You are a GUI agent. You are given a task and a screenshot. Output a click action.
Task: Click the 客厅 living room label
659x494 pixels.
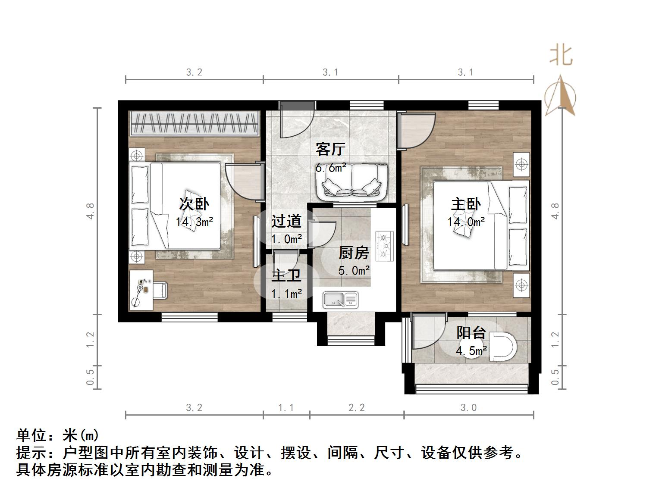pos(330,149)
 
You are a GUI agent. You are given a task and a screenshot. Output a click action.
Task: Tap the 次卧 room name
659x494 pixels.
pos(194,203)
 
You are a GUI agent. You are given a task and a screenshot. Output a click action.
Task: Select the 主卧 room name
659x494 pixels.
pos(466,203)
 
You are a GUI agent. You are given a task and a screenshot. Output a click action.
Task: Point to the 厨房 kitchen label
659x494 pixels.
pos(354,253)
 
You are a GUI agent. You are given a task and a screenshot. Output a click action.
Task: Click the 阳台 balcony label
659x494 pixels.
pos(471,333)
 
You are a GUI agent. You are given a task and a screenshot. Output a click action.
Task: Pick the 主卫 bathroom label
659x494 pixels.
pos(286,275)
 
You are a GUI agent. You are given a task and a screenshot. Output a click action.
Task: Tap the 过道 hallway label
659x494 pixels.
pos(286,221)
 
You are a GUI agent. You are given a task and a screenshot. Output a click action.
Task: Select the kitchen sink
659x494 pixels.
pos(341,300)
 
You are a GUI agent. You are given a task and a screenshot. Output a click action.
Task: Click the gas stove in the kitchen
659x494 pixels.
pos(385,246)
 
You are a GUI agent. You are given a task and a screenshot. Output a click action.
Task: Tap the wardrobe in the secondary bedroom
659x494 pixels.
pos(195,123)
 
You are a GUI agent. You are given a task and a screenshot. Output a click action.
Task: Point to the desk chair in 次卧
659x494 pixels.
pos(160,290)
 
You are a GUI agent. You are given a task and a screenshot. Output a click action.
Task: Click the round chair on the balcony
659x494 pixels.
pos(503,347)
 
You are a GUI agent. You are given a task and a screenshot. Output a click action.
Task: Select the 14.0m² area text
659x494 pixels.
pos(466,222)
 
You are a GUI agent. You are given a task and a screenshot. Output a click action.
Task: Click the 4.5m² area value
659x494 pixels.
pos(471,351)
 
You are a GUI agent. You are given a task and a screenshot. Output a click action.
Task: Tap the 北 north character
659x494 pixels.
pos(561,56)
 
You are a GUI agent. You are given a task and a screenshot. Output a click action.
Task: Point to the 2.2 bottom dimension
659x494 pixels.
pos(357,407)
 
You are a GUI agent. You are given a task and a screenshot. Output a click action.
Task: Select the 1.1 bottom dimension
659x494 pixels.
pos(286,407)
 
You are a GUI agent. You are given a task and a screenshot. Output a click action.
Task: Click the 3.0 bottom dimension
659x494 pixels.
pos(468,407)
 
